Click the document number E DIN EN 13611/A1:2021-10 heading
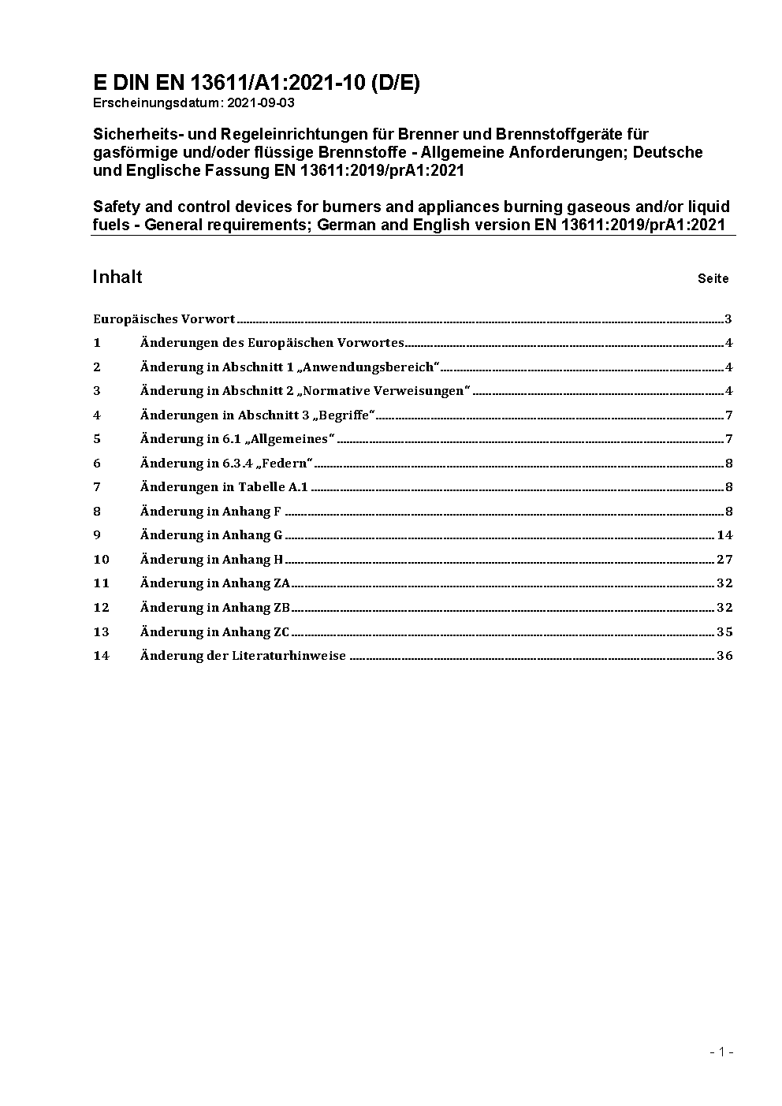click(256, 84)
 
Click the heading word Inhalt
click(117, 277)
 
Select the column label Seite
click(713, 278)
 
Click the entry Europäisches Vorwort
click(164, 319)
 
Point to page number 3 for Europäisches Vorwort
click(728, 319)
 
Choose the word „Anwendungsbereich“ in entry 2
click(369, 367)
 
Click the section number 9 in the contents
click(97, 535)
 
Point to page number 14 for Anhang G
click(724, 535)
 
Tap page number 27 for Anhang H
click(724, 560)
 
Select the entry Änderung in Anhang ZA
click(215, 583)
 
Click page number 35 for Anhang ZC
click(724, 632)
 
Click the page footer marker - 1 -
click(721, 1052)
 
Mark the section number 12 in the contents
click(101, 608)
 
